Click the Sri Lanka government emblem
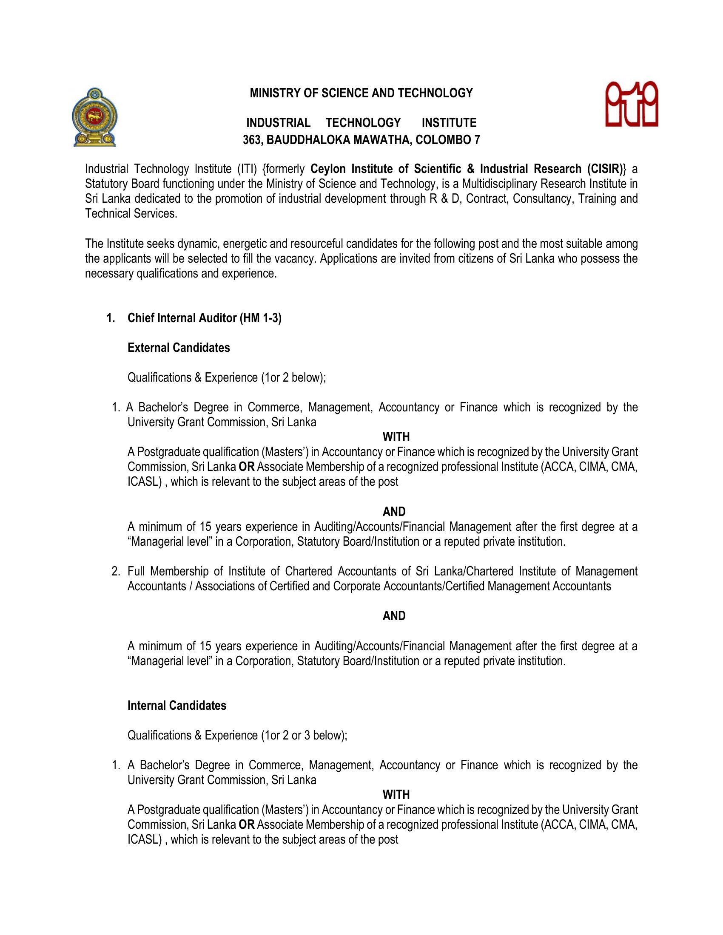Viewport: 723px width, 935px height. [95, 117]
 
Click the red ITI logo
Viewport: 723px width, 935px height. [631, 105]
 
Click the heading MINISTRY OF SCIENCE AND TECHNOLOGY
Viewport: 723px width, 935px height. [361, 93]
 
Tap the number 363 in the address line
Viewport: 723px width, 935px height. [252, 140]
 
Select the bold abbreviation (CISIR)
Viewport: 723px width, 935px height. [605, 169]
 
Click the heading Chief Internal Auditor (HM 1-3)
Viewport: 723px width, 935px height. [204, 317]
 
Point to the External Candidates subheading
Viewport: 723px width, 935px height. [179, 348]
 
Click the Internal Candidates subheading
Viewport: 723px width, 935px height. [176, 705]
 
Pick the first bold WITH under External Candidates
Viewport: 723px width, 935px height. [396, 436]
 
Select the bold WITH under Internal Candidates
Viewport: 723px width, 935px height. [396, 795]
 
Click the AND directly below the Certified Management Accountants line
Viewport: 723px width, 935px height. [394, 616]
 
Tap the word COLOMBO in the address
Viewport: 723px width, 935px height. [443, 140]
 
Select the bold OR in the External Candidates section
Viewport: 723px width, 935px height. [246, 467]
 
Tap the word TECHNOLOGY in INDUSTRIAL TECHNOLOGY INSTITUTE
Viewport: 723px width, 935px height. [363, 123]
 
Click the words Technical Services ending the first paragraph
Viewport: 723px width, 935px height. [131, 214]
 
